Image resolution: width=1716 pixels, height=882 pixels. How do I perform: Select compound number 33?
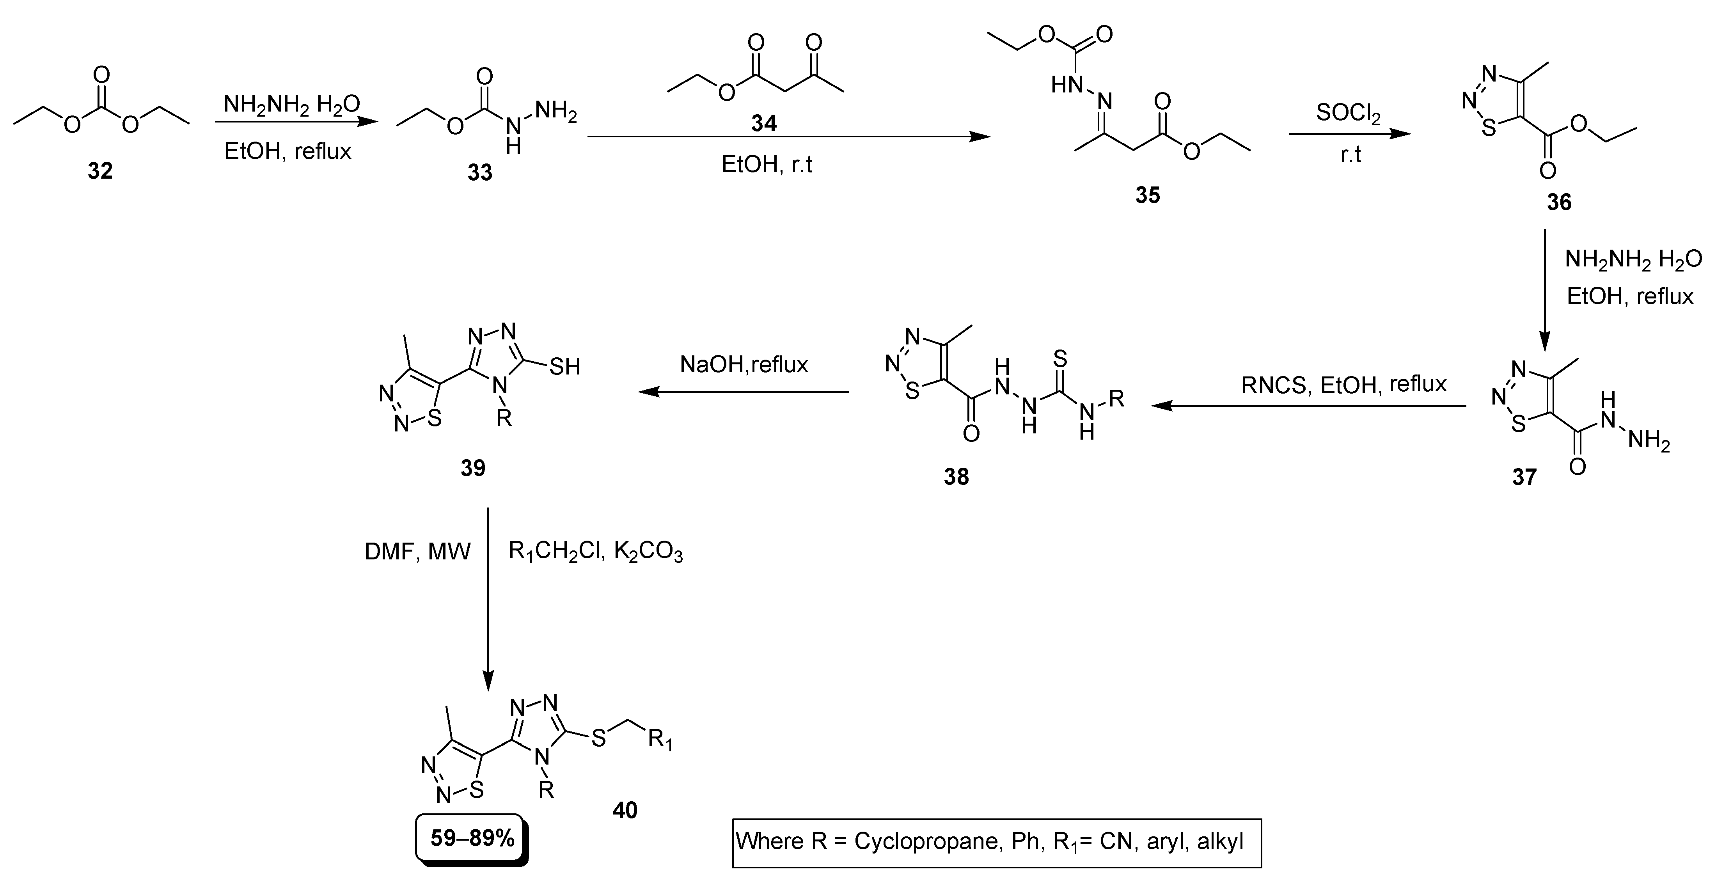pos(480,172)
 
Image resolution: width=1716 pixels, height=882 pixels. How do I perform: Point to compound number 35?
pos(1148,195)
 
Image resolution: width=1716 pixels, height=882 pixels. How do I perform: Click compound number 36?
pos(1559,202)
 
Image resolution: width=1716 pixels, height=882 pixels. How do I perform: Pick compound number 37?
pos(1524,477)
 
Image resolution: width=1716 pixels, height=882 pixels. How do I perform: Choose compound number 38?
pos(956,477)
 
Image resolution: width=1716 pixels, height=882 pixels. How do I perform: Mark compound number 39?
pos(472,469)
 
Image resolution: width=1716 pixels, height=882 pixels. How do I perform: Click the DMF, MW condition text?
pos(418,552)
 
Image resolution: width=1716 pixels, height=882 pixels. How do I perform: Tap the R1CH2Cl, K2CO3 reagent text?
pos(596,552)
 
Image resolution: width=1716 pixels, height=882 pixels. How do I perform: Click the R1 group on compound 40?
pos(660,740)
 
